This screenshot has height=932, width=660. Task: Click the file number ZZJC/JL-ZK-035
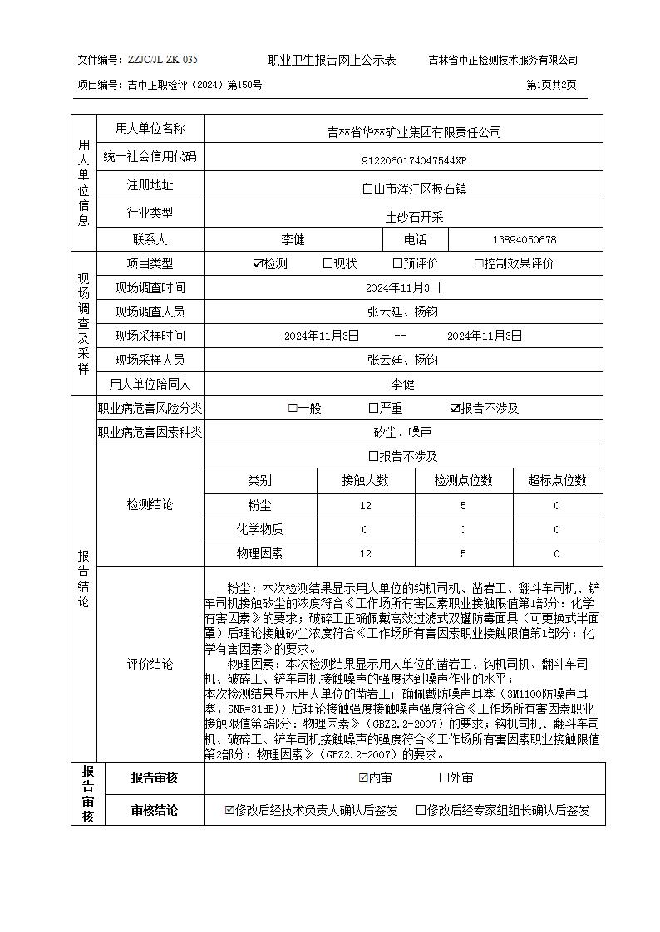coord(163,61)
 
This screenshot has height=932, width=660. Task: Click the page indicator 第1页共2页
coord(551,85)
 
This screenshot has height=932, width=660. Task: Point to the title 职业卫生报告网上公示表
coord(332,61)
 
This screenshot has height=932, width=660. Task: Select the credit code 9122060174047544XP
coord(402,160)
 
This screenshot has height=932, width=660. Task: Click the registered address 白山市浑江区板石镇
coord(402,189)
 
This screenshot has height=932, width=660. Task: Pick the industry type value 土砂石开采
coord(402,216)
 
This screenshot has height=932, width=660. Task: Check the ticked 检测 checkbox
coord(258,264)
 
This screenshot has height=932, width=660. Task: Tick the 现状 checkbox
coord(328,264)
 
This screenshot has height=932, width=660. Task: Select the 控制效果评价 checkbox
coord(479,264)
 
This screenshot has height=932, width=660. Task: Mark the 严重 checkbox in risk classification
coord(374,408)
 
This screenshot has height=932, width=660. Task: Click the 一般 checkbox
coord(293,408)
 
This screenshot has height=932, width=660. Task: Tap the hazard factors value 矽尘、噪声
coord(402,432)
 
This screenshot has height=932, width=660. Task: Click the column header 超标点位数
coord(557,480)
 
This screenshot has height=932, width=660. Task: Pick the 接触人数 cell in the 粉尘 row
coord(365,505)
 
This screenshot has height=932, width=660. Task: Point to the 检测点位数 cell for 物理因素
coord(463,553)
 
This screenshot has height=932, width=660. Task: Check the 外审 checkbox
coord(444,777)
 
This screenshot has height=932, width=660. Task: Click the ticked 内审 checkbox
coord(362,777)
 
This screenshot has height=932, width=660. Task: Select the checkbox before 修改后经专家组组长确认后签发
coord(421,810)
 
